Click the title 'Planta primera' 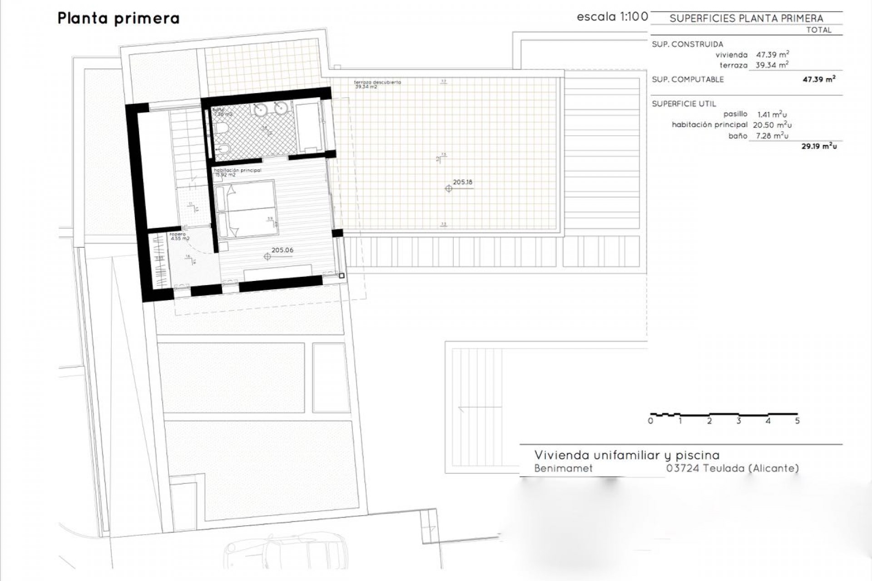tap(119, 19)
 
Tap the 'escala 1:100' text tap(612, 17)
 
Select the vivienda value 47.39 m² tap(772, 54)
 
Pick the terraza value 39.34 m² tap(772, 65)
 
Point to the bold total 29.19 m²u tap(819, 146)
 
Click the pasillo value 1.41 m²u tap(772, 114)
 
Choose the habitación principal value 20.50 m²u tap(772, 125)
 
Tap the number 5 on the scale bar tap(797, 421)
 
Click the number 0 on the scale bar tap(651, 421)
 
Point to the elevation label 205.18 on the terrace tap(462, 182)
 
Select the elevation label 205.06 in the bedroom tap(282, 250)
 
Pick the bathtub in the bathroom tap(308, 126)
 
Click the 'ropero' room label tap(178, 234)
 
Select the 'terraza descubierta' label tap(377, 82)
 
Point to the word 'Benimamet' tap(563, 468)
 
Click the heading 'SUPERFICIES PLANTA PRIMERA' tap(746, 19)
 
